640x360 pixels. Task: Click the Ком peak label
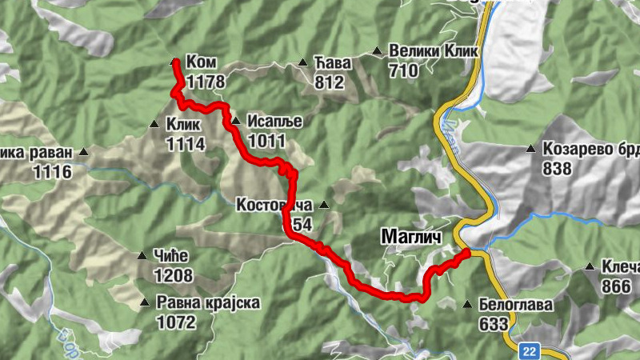click(x=200, y=62)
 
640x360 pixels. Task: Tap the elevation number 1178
click(x=205, y=82)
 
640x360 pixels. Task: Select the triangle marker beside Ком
click(x=175, y=60)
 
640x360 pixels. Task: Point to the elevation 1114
click(x=186, y=144)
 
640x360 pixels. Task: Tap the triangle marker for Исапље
click(x=235, y=121)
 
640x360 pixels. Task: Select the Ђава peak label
click(x=330, y=62)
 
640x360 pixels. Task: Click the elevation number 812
click(x=329, y=82)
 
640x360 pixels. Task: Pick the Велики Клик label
click(x=433, y=52)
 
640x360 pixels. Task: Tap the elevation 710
click(x=403, y=71)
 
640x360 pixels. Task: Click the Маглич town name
click(x=410, y=238)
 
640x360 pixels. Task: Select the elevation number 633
click(x=494, y=324)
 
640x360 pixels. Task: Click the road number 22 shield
click(x=529, y=350)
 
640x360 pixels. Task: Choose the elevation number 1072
click(x=176, y=322)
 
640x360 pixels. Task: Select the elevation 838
click(x=557, y=168)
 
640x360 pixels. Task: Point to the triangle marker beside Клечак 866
click(x=590, y=266)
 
